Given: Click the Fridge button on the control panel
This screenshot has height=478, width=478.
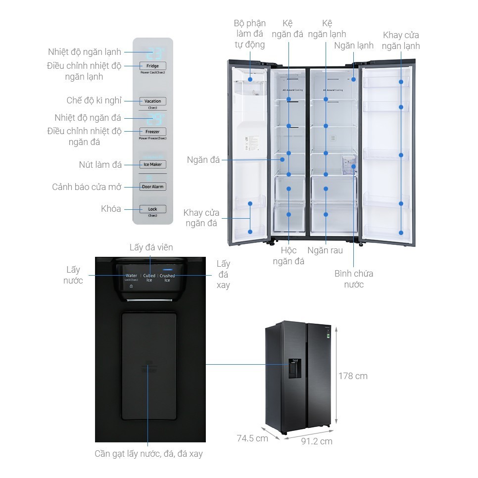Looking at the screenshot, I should tap(152, 66).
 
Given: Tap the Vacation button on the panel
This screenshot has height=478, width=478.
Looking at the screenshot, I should tap(152, 101).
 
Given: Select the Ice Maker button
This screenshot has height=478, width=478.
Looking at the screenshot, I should tap(152, 164).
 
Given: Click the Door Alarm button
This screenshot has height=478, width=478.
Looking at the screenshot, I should tap(152, 187).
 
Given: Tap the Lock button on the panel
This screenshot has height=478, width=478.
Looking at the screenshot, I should tap(152, 209).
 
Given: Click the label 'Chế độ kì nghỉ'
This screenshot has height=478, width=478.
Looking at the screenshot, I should tap(94, 100).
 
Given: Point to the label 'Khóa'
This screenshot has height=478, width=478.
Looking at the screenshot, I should tap(111, 209).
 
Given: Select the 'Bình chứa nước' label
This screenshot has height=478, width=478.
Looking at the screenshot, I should tap(353, 279).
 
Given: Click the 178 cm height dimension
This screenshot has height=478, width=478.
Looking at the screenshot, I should tap(353, 376).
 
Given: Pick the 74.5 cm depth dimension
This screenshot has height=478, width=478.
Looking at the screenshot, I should tap(252, 438).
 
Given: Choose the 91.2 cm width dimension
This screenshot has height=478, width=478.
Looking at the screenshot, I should tap(317, 441).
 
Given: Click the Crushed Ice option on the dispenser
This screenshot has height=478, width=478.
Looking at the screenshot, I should tap(167, 278).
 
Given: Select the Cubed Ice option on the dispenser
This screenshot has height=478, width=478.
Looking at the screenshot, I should tap(149, 278).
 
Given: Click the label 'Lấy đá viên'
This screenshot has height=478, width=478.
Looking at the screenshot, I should tap(151, 247).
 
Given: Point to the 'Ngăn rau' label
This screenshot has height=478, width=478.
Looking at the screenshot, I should tap(325, 250).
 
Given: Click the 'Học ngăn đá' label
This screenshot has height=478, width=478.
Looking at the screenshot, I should tap(288, 256).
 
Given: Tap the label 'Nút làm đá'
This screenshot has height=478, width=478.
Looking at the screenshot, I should tap(100, 164).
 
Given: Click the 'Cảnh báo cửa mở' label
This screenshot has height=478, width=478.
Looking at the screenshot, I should tap(87, 187).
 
